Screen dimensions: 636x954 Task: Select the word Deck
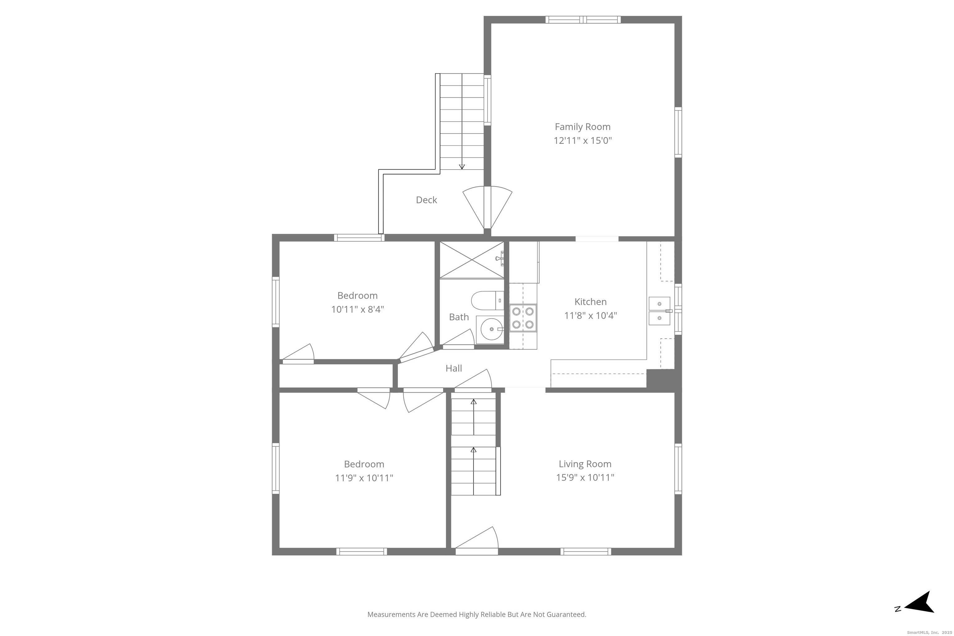(x=426, y=200)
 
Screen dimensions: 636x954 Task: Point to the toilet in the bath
(x=486, y=301)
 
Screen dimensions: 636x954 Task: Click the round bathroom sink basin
(x=492, y=329)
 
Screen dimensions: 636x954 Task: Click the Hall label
(x=453, y=368)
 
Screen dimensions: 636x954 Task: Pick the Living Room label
(x=584, y=464)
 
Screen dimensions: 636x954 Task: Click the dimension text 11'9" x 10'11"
(x=364, y=478)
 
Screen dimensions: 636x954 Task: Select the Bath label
(x=459, y=317)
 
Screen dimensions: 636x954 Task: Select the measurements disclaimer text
(x=477, y=615)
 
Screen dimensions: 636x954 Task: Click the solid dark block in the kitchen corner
(x=660, y=380)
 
